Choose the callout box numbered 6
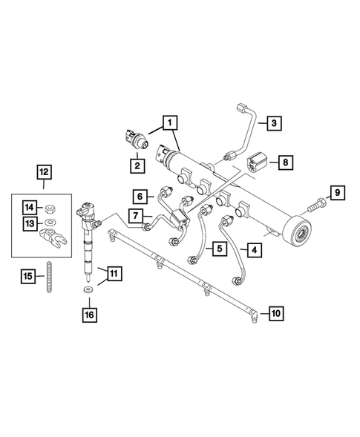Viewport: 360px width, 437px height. point(140,197)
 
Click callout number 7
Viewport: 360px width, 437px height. point(136,215)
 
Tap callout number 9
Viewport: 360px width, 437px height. point(336,194)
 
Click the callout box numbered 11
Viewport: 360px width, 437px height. point(113,274)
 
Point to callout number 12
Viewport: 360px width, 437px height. point(46,173)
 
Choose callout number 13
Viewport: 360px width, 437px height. point(29,224)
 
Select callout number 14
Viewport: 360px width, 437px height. point(29,206)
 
